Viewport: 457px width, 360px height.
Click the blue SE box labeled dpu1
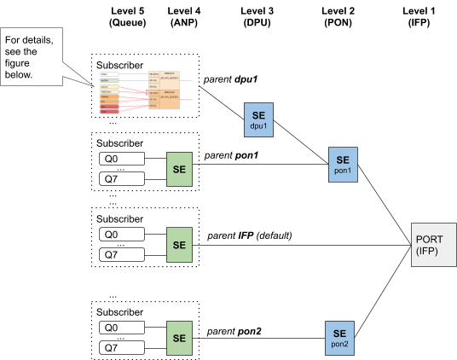pos(259,118)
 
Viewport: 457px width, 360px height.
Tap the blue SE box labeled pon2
pos(338,337)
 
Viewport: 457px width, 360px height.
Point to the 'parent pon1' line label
pos(229,156)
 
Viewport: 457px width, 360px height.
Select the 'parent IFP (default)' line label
pos(250,235)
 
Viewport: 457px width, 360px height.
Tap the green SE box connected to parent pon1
pos(180,167)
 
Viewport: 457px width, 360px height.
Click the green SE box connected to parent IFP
pos(180,244)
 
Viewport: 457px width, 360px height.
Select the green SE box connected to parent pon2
pos(180,338)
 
